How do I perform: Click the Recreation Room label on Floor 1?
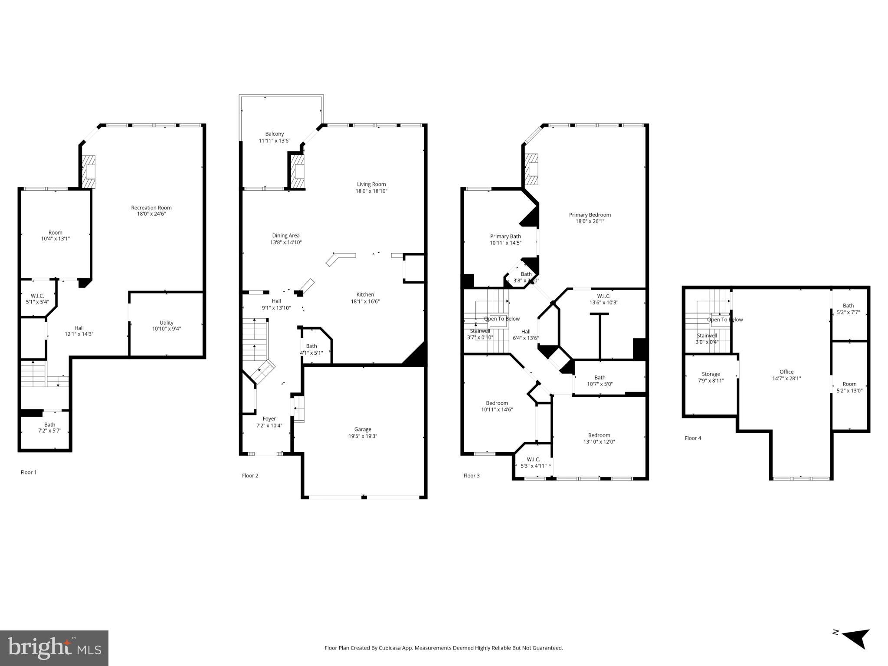(151, 208)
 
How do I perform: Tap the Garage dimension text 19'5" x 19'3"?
(363, 436)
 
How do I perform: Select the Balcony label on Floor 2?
(275, 134)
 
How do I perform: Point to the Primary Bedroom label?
(590, 215)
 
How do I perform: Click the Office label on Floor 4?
(786, 372)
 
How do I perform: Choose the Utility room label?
(166, 323)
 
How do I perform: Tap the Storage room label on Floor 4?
(711, 374)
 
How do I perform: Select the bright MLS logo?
(54, 648)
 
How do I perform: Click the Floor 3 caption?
(471, 476)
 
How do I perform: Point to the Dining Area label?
(285, 236)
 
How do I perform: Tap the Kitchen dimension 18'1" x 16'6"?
(365, 301)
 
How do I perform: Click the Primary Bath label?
(505, 236)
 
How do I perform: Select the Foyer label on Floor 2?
(269, 419)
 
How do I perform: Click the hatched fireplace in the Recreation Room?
(89, 172)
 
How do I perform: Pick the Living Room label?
(371, 184)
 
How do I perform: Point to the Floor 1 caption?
(29, 472)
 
